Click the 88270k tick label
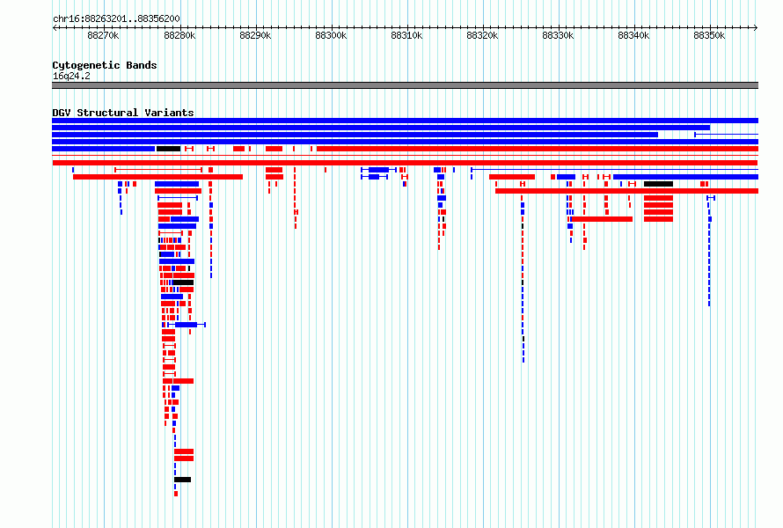[x=103, y=35]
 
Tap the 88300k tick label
[x=331, y=35]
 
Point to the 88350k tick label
[x=709, y=35]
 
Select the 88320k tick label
[x=482, y=35]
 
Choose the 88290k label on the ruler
[x=255, y=35]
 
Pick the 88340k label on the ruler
[x=633, y=35]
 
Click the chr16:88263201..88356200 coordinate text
[x=116, y=19]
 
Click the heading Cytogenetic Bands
[x=105, y=65]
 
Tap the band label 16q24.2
[x=71, y=76]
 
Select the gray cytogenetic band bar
[x=405, y=85]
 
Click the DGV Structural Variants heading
[x=123, y=113]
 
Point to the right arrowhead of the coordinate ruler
[x=756, y=28]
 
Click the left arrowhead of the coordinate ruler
[x=55, y=28]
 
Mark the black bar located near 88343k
[x=658, y=184]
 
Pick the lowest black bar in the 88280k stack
[x=182, y=480]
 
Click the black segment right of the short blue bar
[x=168, y=149]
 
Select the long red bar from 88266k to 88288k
[x=157, y=177]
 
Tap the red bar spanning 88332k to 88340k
[x=602, y=219]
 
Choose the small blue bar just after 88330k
[x=566, y=177]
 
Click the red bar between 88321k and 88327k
[x=512, y=177]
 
